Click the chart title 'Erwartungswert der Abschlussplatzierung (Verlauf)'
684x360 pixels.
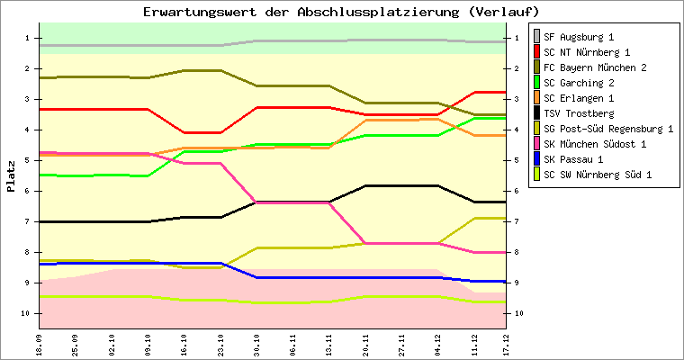[x=342, y=12]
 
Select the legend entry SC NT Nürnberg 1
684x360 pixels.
[x=585, y=52]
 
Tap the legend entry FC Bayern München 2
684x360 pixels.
[x=594, y=67]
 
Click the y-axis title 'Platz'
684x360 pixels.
[x=11, y=175]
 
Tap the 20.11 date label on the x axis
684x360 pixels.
[x=366, y=343]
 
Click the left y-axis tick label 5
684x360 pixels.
[x=27, y=160]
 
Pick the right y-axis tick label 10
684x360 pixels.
[x=518, y=313]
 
